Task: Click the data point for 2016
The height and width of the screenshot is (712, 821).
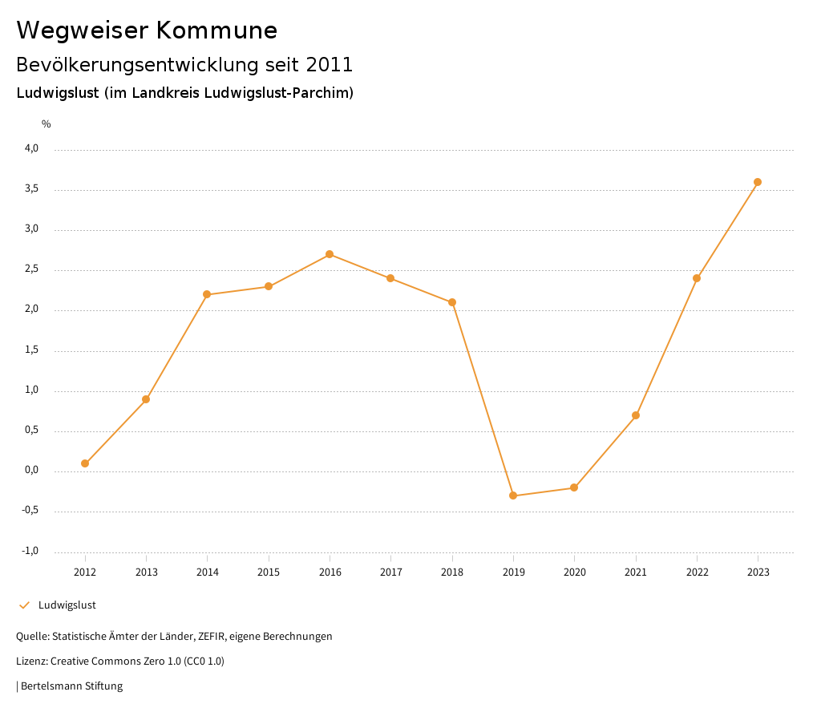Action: pyautogui.click(x=330, y=254)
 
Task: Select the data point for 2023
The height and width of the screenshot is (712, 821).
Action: pyautogui.click(x=758, y=182)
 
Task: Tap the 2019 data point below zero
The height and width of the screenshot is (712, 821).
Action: pyautogui.click(x=513, y=496)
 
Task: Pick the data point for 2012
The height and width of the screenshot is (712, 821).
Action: pyautogui.click(x=85, y=463)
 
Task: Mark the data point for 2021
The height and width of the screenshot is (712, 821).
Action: pyautogui.click(x=636, y=415)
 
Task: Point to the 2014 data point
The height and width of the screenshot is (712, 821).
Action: pyautogui.click(x=207, y=294)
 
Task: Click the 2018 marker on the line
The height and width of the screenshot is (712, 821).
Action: pyautogui.click(x=452, y=302)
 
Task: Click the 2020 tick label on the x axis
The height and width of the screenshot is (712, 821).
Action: pyautogui.click(x=574, y=572)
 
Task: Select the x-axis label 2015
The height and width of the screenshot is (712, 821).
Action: pyautogui.click(x=269, y=572)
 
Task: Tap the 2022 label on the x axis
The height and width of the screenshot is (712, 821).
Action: pyautogui.click(x=697, y=572)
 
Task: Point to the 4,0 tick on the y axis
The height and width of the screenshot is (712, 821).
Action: pyautogui.click(x=31, y=149)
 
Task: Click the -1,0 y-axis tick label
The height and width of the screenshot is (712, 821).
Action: pyautogui.click(x=30, y=551)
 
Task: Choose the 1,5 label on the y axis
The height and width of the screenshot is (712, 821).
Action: pyautogui.click(x=31, y=350)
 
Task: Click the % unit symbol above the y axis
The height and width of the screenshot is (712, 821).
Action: pyautogui.click(x=47, y=124)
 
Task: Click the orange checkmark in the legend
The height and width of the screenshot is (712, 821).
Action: pyautogui.click(x=24, y=605)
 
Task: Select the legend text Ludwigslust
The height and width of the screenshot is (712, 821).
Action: pyautogui.click(x=67, y=605)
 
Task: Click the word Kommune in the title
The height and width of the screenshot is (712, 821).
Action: pyautogui.click(x=217, y=30)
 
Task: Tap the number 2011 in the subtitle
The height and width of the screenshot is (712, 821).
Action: pyautogui.click(x=330, y=64)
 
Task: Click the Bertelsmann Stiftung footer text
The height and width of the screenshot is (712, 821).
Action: pyautogui.click(x=71, y=686)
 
